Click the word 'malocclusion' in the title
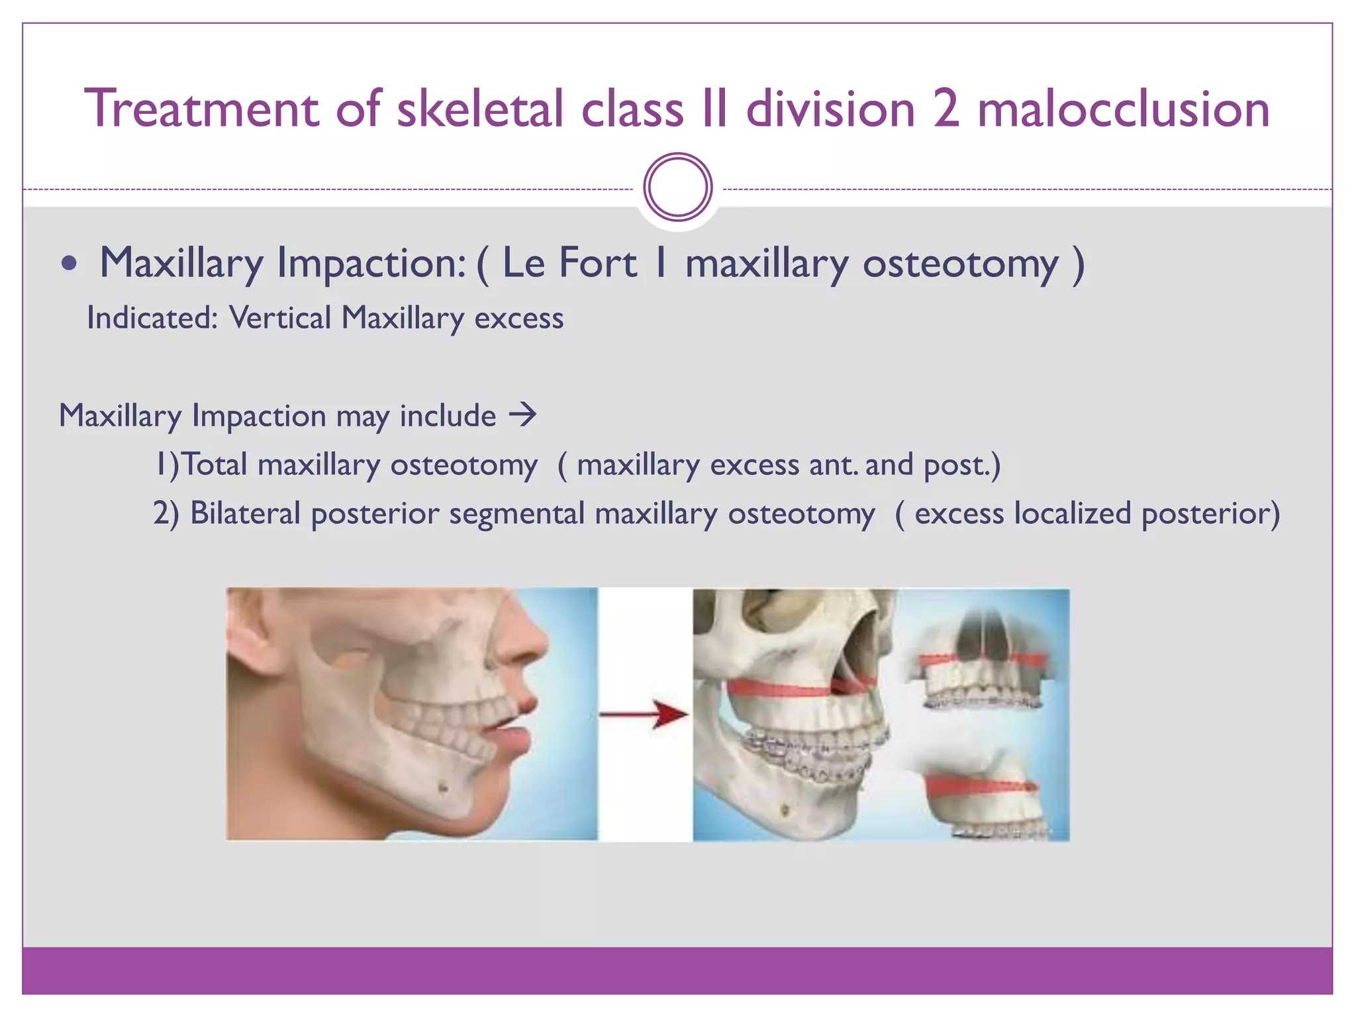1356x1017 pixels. pyautogui.click(x=1124, y=109)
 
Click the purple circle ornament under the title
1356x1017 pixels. pyautogui.click(x=677, y=187)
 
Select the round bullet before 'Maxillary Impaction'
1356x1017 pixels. pyautogui.click(x=69, y=264)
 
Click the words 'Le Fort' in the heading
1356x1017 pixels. pyautogui.click(x=569, y=263)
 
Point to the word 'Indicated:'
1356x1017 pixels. pyautogui.click(x=152, y=318)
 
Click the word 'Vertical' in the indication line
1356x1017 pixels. pyautogui.click(x=279, y=318)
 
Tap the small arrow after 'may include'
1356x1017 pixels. pyautogui.click(x=522, y=415)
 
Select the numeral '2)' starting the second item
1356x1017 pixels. pyautogui.click(x=166, y=513)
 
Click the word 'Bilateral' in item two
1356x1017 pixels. pyautogui.click(x=245, y=513)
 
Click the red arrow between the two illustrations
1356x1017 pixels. pyautogui.click(x=645, y=714)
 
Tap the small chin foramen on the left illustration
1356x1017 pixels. pyautogui.click(x=443, y=787)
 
